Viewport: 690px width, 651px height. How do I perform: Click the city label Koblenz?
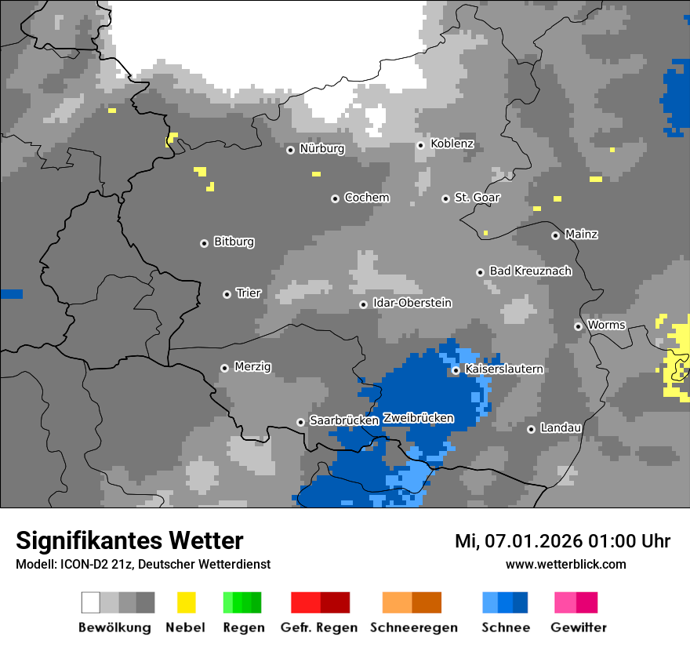click(452, 144)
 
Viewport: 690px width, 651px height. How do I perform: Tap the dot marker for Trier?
click(227, 294)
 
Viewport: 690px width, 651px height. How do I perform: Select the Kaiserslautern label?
click(504, 369)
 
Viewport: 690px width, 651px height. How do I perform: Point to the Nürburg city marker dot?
click(290, 149)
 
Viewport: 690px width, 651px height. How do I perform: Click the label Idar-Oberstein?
click(412, 303)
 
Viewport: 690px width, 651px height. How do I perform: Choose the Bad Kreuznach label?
click(530, 271)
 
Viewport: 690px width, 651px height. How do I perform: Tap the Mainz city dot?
click(555, 235)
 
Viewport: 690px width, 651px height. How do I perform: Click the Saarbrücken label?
click(344, 420)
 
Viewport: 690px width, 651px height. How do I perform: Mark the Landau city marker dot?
click(531, 429)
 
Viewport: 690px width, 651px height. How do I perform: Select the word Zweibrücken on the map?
click(418, 418)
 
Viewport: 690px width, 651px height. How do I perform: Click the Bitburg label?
click(234, 242)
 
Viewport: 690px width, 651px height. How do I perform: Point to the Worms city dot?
click(578, 326)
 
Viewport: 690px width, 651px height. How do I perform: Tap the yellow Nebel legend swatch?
click(186, 602)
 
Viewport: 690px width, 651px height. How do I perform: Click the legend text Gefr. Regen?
click(319, 627)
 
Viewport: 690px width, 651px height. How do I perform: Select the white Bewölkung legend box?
click(91, 602)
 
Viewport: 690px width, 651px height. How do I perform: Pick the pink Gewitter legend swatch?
click(565, 602)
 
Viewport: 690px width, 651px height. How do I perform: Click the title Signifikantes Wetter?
click(129, 540)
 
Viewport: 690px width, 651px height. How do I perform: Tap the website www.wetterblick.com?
click(565, 564)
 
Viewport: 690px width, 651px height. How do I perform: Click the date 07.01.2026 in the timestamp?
click(530, 540)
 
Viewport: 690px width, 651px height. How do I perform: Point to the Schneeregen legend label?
click(414, 627)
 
